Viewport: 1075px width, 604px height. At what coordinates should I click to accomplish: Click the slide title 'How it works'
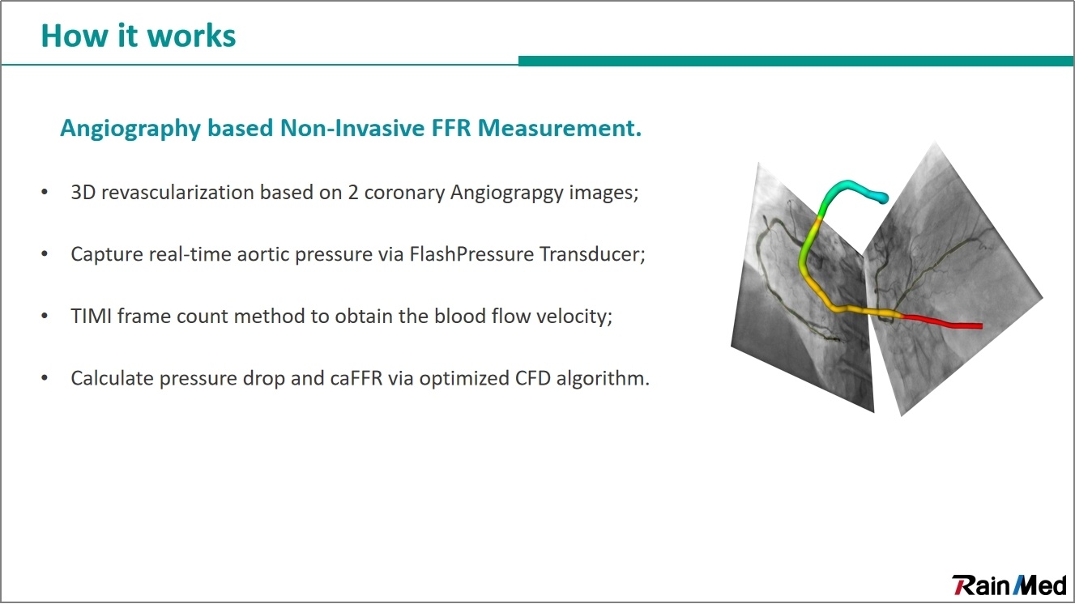tap(139, 36)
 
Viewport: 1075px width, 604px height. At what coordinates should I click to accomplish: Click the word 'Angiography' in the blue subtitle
tap(130, 129)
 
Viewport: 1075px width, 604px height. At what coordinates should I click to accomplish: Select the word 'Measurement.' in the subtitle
tap(560, 128)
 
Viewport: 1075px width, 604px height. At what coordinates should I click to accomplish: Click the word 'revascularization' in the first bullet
tap(177, 193)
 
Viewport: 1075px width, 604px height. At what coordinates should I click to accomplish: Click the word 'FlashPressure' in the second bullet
tap(471, 254)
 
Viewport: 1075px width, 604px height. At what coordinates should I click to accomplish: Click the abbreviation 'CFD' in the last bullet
tap(532, 379)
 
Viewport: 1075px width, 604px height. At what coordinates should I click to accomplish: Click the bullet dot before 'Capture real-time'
tap(45, 254)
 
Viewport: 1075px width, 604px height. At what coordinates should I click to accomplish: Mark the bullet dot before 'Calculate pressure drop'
tap(45, 379)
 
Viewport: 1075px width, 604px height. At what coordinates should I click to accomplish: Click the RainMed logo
tap(1009, 585)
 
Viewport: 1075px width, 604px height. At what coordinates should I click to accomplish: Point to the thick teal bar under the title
tap(796, 61)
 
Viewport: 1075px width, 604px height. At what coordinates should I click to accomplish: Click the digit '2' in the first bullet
tap(353, 193)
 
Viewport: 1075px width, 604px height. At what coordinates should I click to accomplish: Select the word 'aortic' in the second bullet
tap(263, 254)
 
